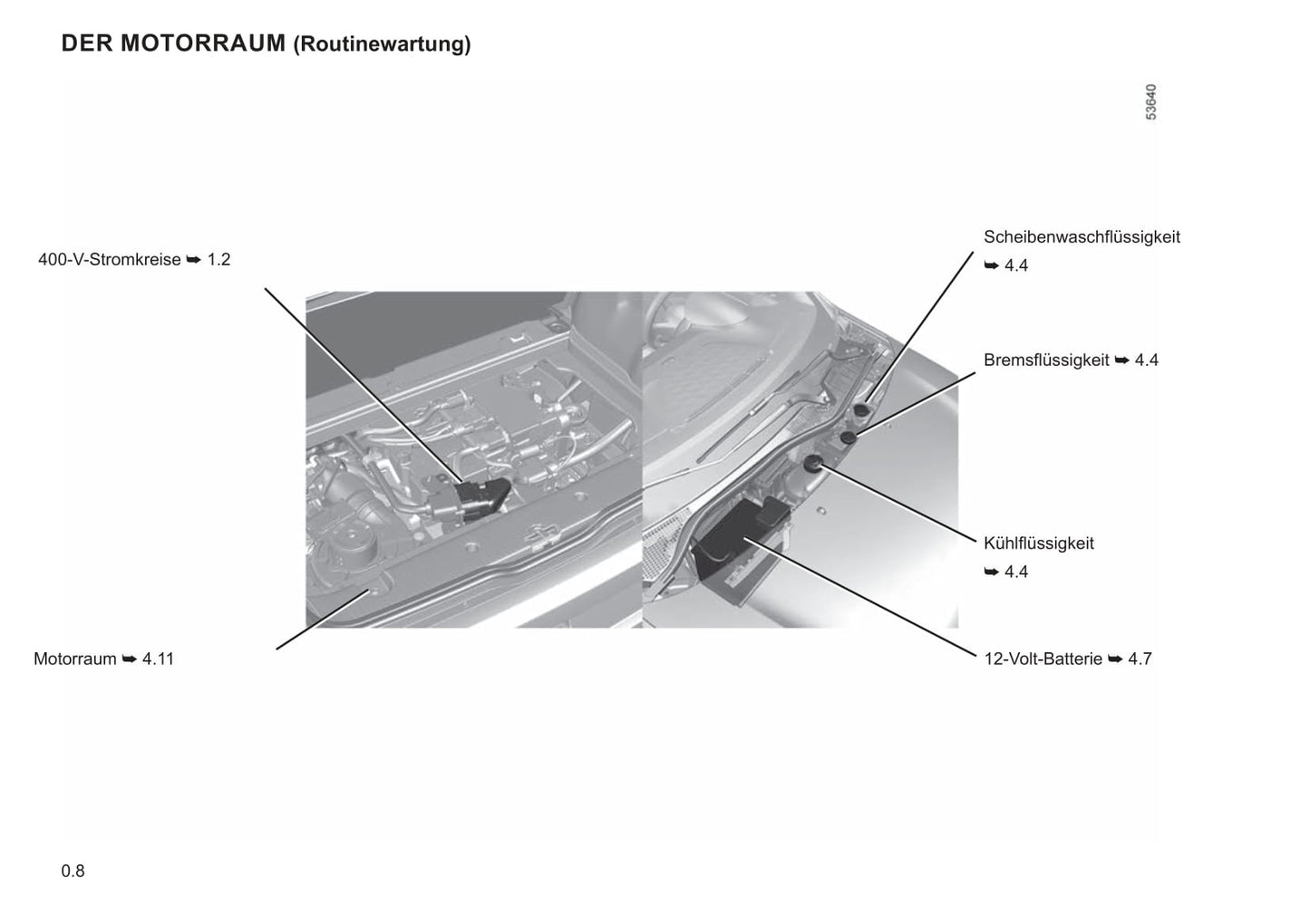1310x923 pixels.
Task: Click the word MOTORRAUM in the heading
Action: coord(203,43)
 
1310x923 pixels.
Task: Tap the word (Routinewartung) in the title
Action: coord(382,44)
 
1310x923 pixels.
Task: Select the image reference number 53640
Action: coord(1150,102)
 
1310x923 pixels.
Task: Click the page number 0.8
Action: coord(73,871)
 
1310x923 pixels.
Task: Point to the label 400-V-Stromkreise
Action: coord(110,259)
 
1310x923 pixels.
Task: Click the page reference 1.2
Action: coord(218,259)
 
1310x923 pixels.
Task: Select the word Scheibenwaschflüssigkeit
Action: coord(1082,237)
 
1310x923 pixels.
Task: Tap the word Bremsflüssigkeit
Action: coord(1046,360)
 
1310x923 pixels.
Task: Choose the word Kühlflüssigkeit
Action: coord(1039,543)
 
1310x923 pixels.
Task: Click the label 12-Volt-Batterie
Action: coord(1043,659)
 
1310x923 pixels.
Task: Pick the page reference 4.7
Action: coord(1140,659)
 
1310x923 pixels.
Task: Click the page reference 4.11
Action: coord(158,659)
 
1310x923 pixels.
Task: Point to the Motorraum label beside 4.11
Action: coord(75,659)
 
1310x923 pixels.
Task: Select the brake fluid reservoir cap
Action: coord(848,437)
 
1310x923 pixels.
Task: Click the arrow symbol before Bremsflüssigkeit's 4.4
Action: coord(1121,361)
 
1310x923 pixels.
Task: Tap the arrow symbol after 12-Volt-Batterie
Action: coord(1115,659)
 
